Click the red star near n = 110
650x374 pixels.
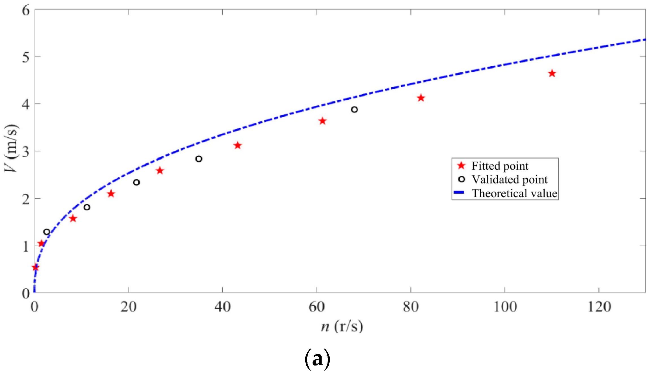coord(552,74)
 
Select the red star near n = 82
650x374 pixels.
coord(421,98)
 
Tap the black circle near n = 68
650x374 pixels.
coord(354,110)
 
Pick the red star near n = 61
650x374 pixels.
coord(322,121)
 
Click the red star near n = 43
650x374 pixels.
coord(238,146)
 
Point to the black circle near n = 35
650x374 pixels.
coord(199,159)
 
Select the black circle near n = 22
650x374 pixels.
coord(136,182)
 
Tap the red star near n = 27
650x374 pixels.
coord(160,171)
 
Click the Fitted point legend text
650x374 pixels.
coord(500,166)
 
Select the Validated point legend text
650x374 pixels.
coord(509,180)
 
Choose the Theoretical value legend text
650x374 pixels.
coord(514,193)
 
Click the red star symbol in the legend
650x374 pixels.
coord(461,166)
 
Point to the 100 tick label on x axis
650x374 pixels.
coord(505,307)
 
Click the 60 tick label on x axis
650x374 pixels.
coord(317,307)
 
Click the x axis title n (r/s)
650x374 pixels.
coord(342,327)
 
